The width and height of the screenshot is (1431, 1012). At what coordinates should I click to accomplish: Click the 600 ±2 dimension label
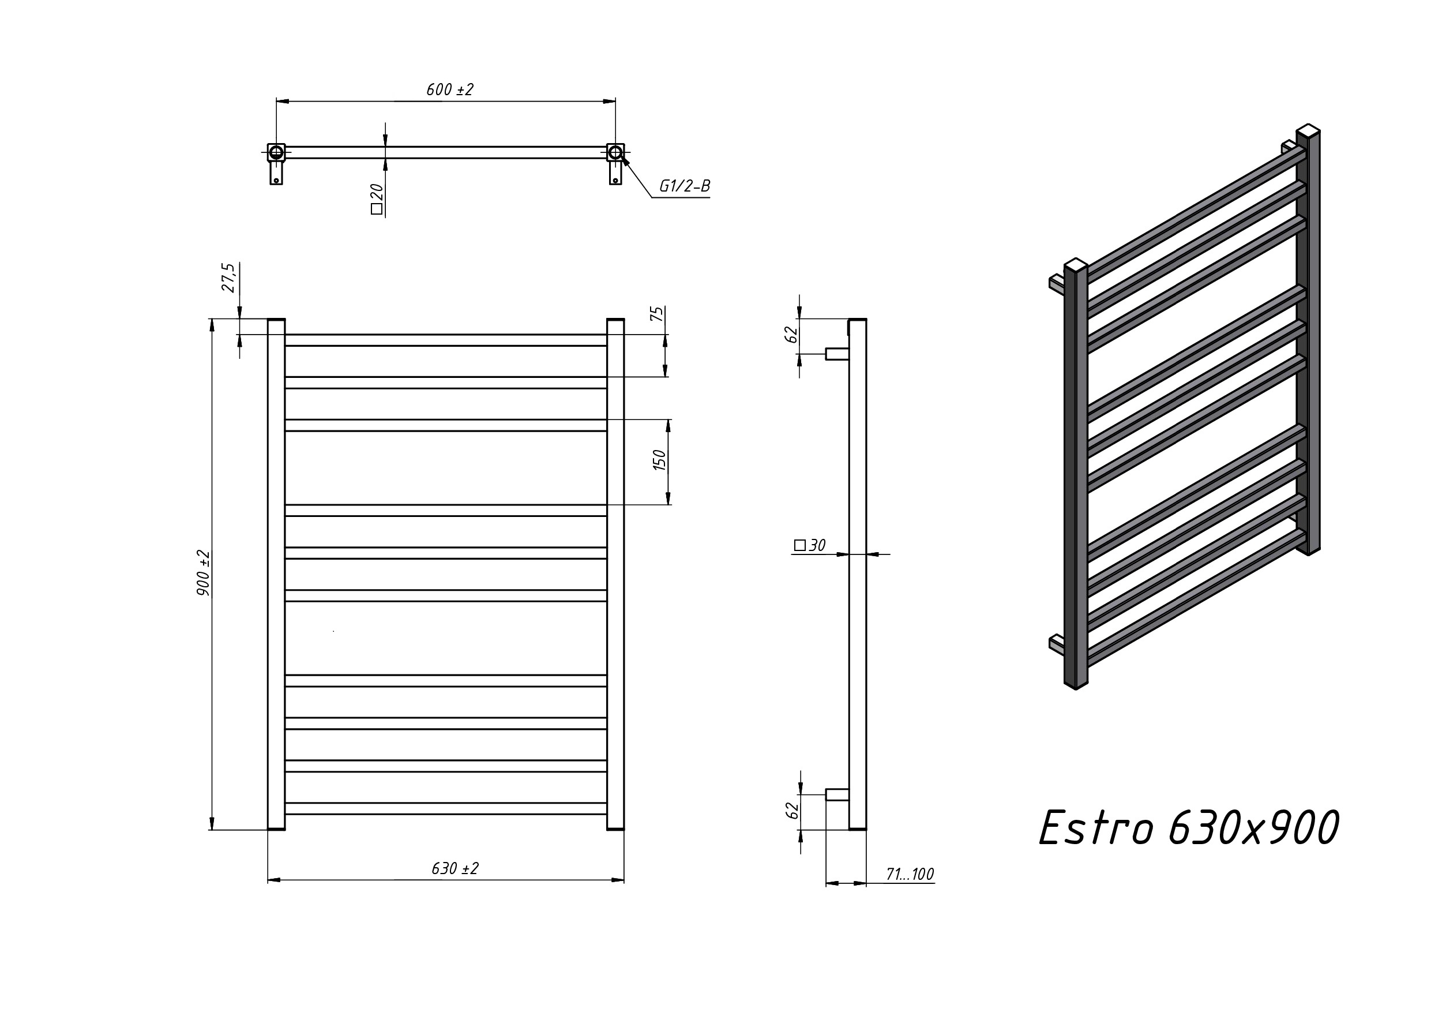point(450,90)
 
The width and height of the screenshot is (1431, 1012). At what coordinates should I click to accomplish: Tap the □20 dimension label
point(377,199)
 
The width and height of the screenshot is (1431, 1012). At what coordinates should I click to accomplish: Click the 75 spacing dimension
point(657,314)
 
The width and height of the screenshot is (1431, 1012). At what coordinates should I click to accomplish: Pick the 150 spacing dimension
point(659,460)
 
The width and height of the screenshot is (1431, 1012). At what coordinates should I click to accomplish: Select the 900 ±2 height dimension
point(203,573)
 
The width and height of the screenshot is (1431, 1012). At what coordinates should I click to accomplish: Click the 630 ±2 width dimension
point(455,868)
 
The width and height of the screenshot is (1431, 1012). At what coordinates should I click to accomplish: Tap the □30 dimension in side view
point(810,546)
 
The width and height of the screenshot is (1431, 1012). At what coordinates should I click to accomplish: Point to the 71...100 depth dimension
point(910,874)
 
